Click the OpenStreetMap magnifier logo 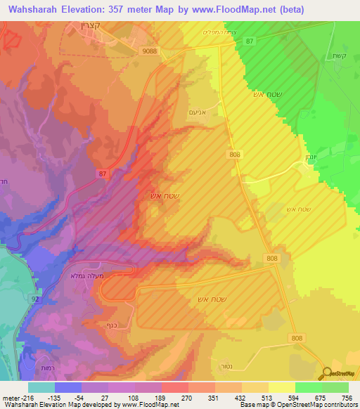326,373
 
